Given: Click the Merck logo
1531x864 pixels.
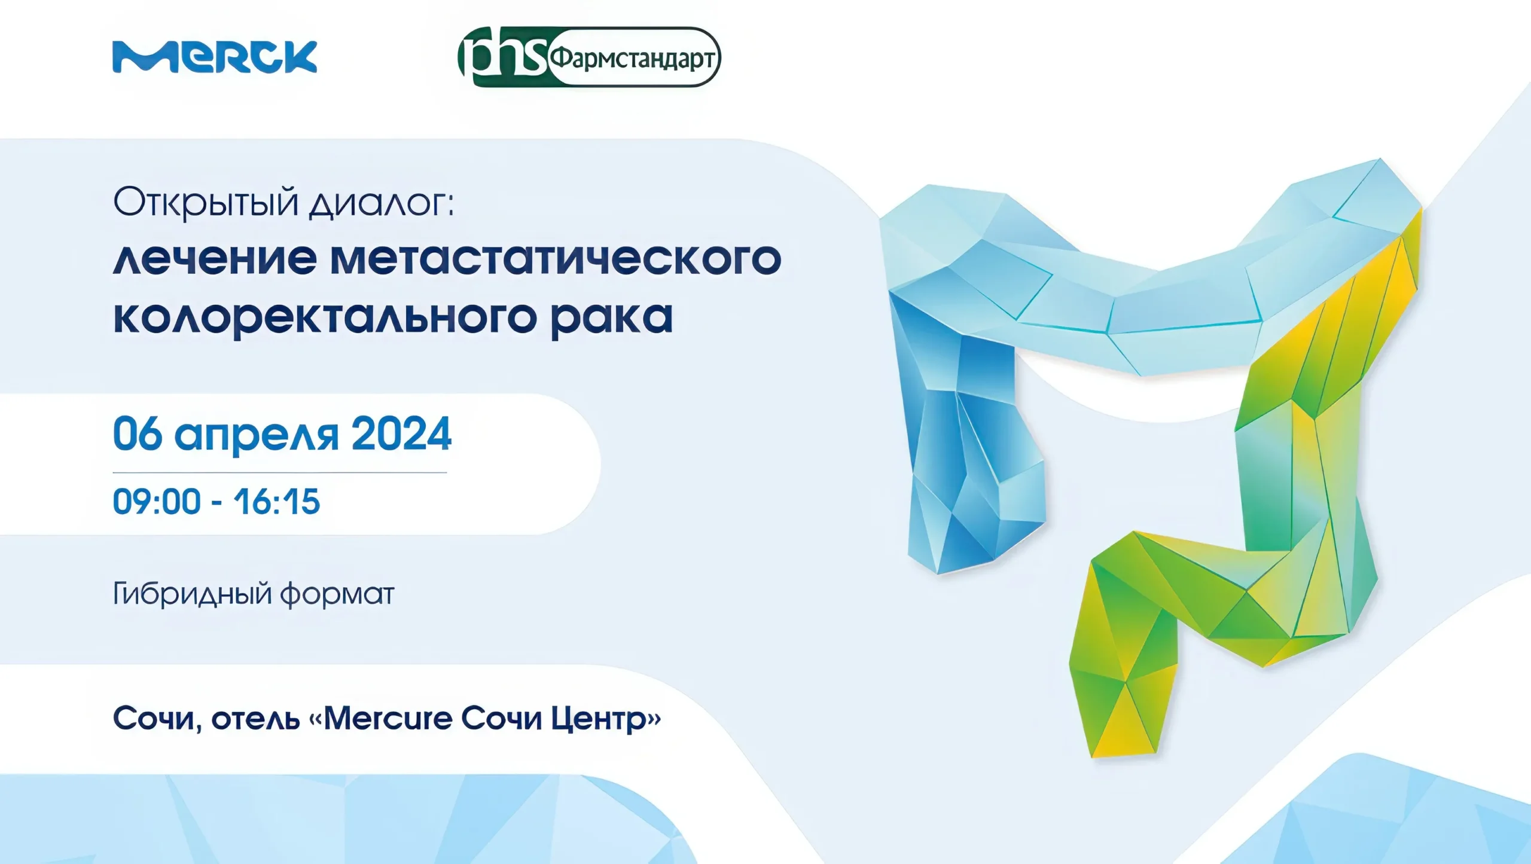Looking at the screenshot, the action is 215,57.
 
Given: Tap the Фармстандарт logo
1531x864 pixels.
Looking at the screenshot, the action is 589,57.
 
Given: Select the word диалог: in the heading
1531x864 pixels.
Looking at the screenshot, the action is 382,204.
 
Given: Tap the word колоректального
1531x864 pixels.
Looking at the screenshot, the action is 325,317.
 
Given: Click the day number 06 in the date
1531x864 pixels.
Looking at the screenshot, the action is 138,433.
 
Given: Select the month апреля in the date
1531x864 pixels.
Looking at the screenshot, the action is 257,436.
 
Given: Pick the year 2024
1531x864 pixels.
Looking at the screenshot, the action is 401,433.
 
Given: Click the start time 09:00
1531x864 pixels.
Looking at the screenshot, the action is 157,502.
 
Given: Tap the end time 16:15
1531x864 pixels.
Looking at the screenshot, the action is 277,502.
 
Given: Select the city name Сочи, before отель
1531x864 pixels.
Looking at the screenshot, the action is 157,719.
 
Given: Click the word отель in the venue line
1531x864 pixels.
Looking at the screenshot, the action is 255,719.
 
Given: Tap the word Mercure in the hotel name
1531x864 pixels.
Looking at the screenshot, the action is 388,718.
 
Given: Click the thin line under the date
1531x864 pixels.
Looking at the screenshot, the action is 280,472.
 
